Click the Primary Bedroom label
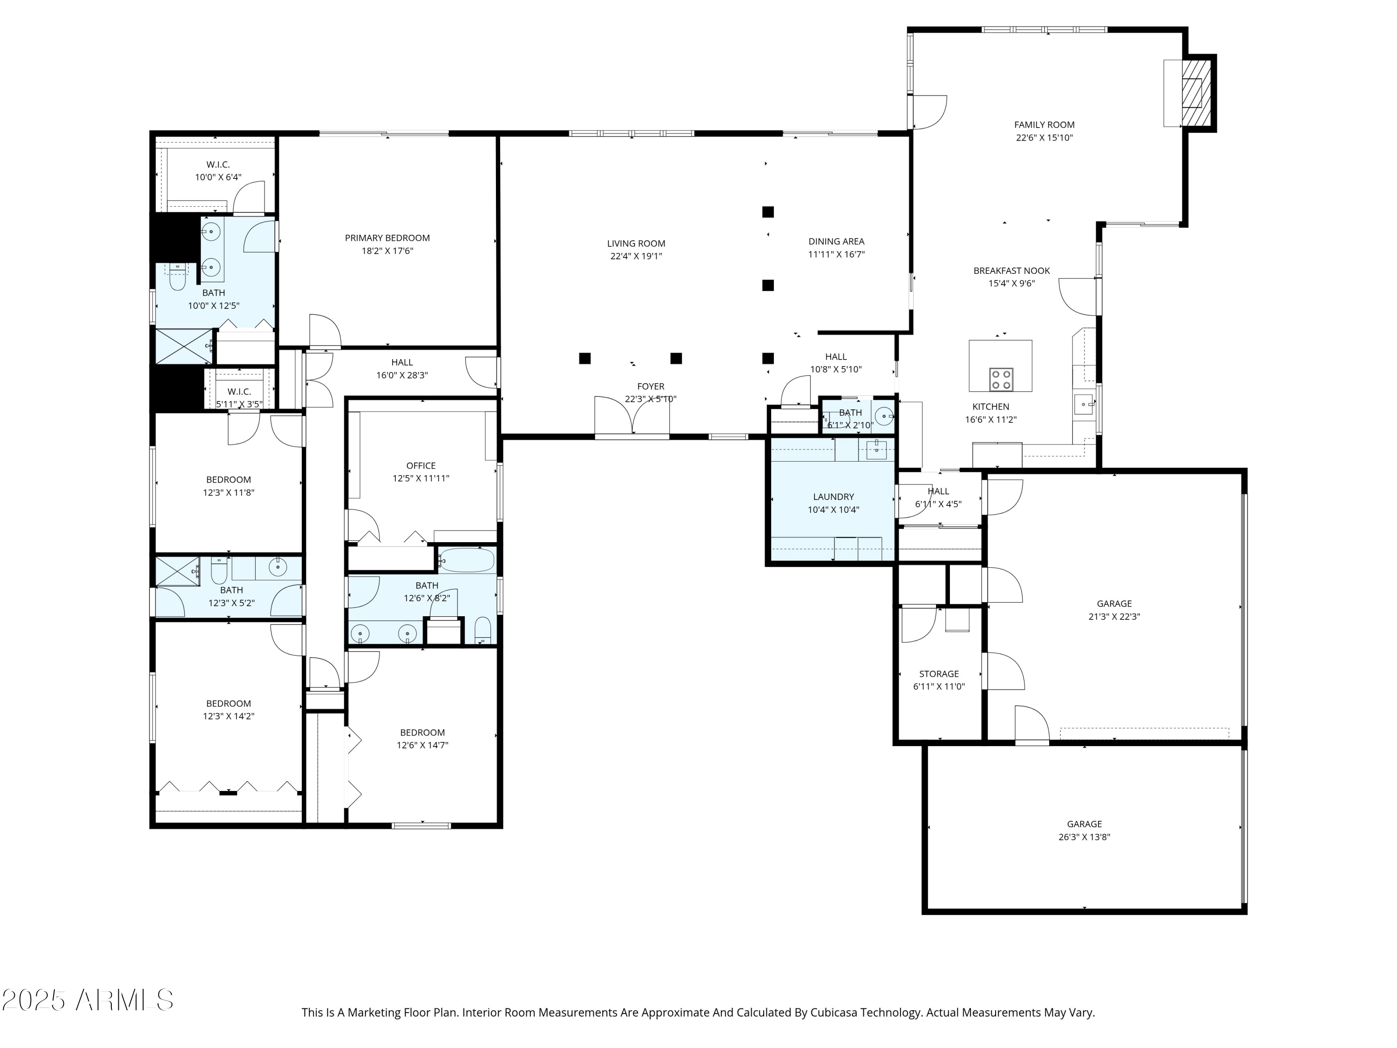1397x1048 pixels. [x=387, y=238]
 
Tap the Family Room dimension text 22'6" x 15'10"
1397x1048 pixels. [x=1044, y=138]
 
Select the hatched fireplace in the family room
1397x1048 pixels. [x=1196, y=94]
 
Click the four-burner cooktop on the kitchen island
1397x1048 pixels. [x=1002, y=380]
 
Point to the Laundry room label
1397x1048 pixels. [x=834, y=497]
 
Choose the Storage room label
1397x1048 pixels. [x=939, y=674]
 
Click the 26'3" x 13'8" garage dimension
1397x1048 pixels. [x=1085, y=837]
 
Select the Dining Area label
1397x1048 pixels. [x=836, y=241]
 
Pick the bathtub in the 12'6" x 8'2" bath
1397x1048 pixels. [x=467, y=560]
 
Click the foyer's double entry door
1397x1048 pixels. [x=631, y=417]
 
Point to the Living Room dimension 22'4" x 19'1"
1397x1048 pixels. [x=636, y=256]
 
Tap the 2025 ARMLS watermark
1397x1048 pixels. [x=88, y=1000]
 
